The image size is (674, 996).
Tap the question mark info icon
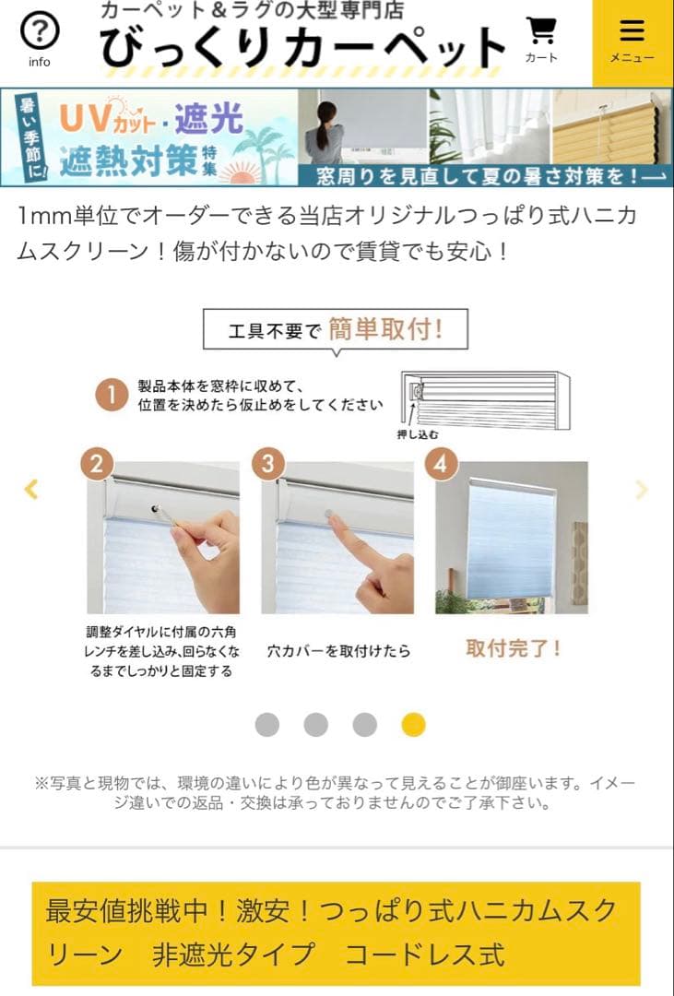click(x=39, y=33)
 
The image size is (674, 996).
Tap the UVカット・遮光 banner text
click(x=152, y=119)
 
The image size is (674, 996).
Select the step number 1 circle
click(x=112, y=396)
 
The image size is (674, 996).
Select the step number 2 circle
click(x=97, y=464)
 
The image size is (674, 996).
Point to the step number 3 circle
click(x=268, y=464)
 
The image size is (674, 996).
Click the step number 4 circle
click(x=441, y=464)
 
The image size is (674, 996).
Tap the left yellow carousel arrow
click(x=30, y=490)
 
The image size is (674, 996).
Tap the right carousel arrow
click(x=642, y=490)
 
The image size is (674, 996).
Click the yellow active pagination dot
click(x=413, y=725)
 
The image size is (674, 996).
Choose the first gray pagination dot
click(x=266, y=725)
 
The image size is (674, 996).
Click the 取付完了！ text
click(x=514, y=648)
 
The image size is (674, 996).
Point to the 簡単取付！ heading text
click(x=385, y=329)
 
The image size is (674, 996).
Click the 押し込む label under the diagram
click(x=418, y=434)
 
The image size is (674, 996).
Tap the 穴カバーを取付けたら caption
click(x=338, y=651)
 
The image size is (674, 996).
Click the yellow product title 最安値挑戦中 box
click(x=336, y=933)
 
